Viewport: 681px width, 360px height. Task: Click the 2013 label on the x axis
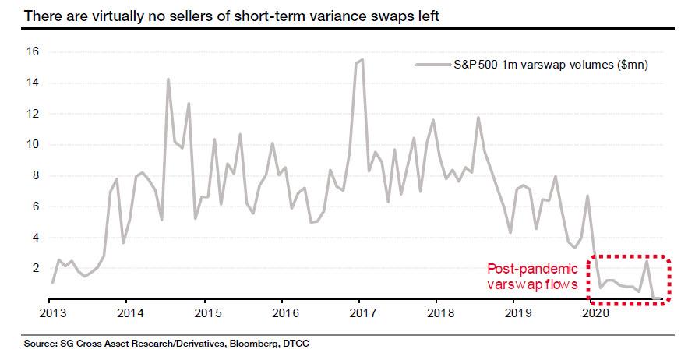point(50,313)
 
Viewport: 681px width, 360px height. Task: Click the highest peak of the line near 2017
point(362,59)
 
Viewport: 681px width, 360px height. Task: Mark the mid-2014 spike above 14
point(168,79)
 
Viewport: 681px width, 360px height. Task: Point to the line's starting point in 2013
point(52,282)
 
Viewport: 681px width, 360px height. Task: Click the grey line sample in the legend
point(429,65)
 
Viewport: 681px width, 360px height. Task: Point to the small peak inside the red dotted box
point(647,262)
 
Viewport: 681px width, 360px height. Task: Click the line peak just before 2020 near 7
point(587,196)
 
